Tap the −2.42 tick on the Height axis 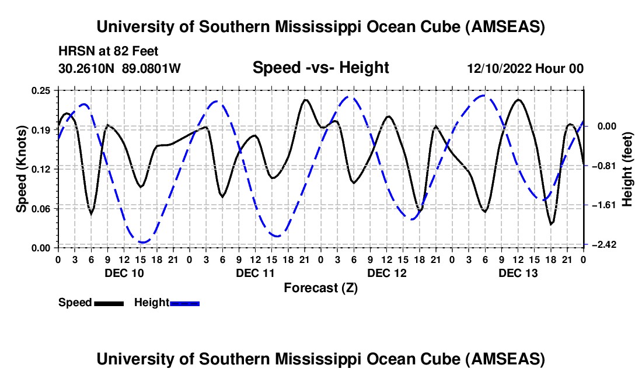[601, 245]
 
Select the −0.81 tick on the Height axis [601, 166]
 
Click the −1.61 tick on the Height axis [601, 205]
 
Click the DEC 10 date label [124, 273]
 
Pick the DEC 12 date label [386, 273]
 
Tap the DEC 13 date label [518, 273]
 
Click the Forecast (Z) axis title [320, 287]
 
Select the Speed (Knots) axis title [21, 169]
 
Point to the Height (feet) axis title [628, 169]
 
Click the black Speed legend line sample [109, 303]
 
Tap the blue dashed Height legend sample [184, 303]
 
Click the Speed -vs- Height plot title [320, 68]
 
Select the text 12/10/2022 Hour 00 [525, 69]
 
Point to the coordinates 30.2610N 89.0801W [120, 69]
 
